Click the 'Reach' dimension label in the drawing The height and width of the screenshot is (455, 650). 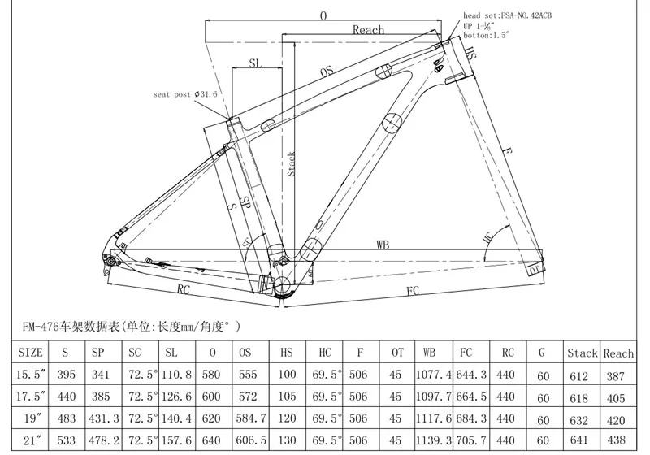click(x=368, y=30)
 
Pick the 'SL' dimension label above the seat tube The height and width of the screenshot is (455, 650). click(x=255, y=62)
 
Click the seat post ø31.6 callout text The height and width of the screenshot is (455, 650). click(x=184, y=94)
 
